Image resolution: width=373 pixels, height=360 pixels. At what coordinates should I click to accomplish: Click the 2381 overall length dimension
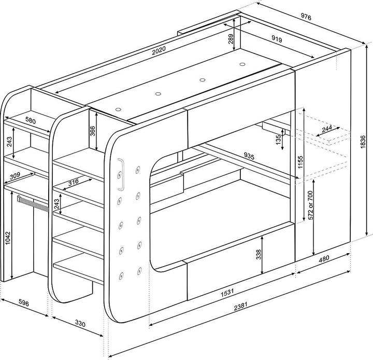[241, 307]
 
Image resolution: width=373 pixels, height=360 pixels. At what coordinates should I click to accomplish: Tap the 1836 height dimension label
[363, 142]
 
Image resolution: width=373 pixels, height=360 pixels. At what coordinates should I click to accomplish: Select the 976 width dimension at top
[306, 17]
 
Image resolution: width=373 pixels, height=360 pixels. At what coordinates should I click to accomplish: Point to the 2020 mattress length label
[159, 50]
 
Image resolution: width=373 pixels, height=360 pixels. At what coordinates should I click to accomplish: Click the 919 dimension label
[277, 39]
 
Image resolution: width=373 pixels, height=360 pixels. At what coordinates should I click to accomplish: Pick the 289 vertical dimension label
[231, 39]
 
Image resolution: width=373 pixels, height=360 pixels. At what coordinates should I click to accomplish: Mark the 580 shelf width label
[31, 121]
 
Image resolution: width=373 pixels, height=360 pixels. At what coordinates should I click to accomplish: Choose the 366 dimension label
[93, 131]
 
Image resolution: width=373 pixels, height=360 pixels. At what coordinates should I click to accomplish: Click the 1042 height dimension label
[8, 238]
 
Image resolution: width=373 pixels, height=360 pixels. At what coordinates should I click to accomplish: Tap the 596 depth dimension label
[24, 303]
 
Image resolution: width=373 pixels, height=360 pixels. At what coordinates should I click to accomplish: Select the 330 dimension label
[80, 323]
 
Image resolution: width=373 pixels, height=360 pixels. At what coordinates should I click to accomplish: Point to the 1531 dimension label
[227, 293]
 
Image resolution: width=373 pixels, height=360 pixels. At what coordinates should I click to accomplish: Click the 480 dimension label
[324, 258]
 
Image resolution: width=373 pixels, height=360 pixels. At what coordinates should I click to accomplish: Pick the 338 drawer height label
[259, 254]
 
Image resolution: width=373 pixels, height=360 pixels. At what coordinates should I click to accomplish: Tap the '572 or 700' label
[310, 205]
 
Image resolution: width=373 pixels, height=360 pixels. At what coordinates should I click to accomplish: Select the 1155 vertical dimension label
[300, 162]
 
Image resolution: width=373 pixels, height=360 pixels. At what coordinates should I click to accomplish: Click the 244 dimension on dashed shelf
[327, 129]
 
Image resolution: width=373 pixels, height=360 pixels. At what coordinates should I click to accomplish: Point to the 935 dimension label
[249, 156]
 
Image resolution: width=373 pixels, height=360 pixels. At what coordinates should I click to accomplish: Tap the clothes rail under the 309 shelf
[33, 203]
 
